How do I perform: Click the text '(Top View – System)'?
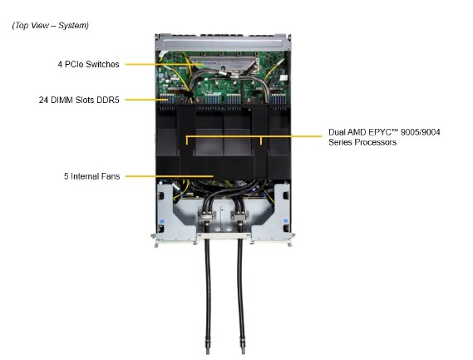click(x=50, y=26)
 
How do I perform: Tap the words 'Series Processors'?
click(x=362, y=142)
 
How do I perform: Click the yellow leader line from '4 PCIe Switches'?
click(x=158, y=64)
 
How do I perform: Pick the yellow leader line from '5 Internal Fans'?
click(x=166, y=176)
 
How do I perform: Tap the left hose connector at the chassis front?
click(x=204, y=223)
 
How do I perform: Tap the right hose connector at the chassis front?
click(x=241, y=223)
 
